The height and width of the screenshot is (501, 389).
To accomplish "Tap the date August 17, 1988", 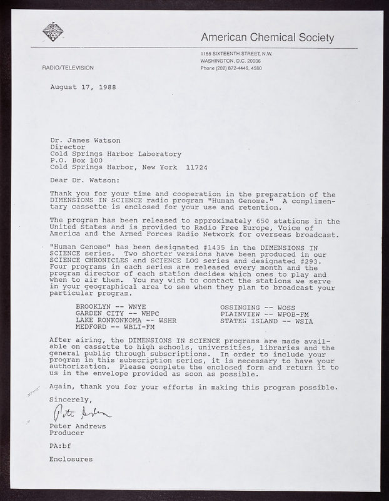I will (83, 86).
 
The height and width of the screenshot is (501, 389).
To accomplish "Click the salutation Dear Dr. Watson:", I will (83, 180).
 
